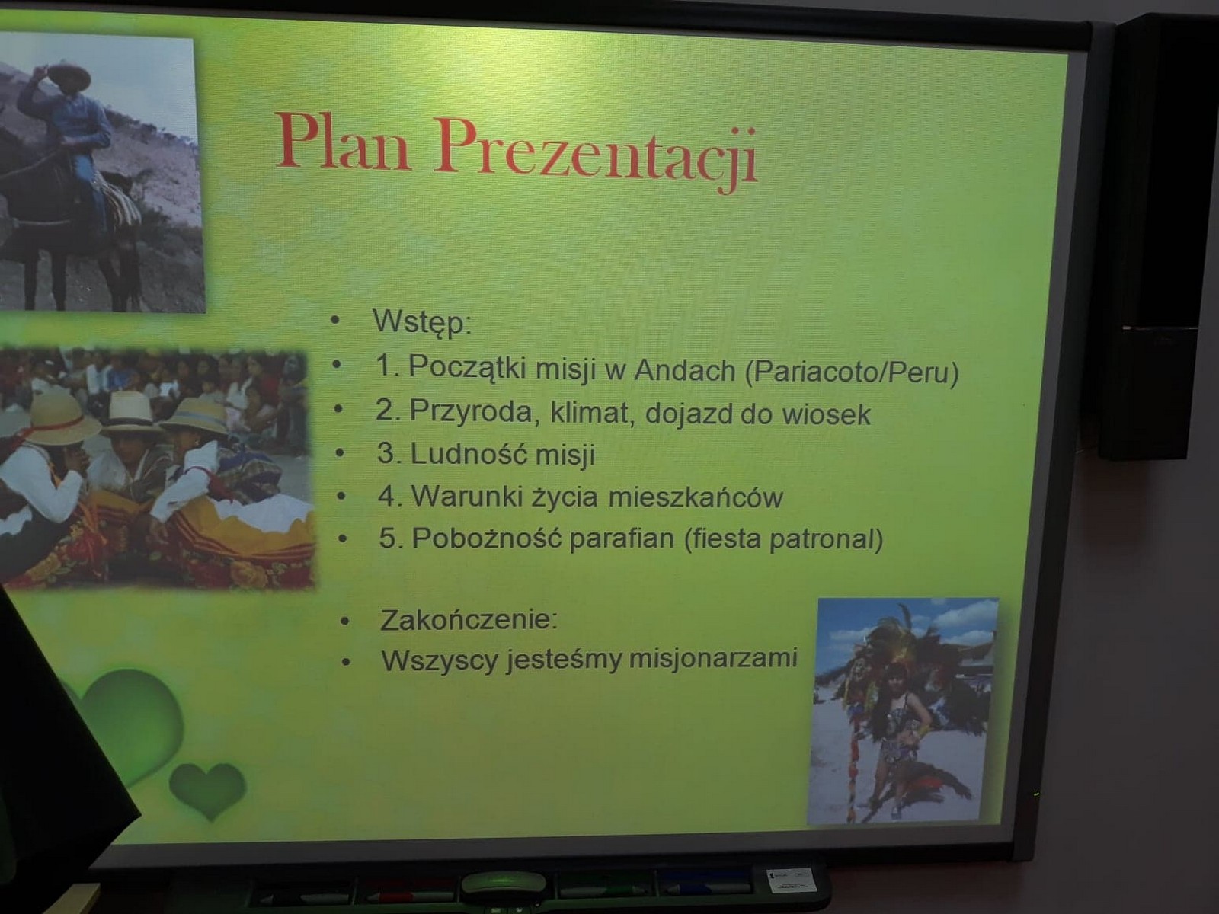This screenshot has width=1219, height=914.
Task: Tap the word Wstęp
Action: coord(422,321)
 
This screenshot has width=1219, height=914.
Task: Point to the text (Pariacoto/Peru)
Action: coord(851,372)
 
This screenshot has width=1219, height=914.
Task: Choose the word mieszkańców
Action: coord(696,497)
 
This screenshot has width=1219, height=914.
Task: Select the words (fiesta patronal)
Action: coord(783,539)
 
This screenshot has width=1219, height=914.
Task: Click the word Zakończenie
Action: coord(469,619)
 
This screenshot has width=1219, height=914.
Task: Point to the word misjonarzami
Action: coord(713,660)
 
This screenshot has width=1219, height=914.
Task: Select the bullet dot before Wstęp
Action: coord(334,320)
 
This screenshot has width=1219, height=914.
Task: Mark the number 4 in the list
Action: coord(386,496)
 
